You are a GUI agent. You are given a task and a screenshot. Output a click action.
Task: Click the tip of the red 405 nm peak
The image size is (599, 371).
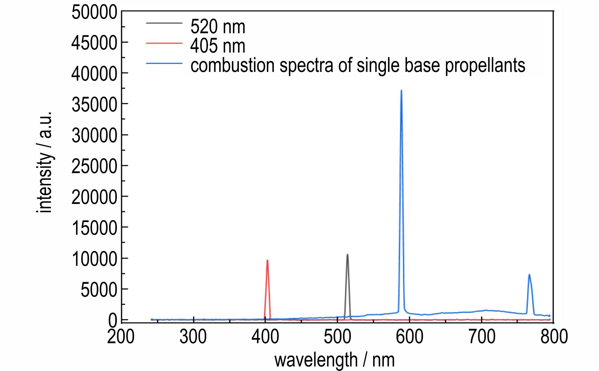tap(267, 260)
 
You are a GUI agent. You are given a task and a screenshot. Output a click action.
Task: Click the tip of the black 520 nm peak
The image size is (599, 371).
tap(348, 254)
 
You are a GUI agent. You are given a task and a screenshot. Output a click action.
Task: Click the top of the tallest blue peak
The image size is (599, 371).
tap(401, 90)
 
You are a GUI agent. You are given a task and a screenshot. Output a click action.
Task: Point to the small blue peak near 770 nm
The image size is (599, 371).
tap(529, 275)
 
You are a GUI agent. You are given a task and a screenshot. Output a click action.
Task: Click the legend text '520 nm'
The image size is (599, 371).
tap(218, 27)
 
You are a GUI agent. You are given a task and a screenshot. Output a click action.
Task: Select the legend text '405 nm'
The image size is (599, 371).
tap(218, 46)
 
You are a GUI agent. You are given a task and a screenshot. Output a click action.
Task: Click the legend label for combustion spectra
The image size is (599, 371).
tap(357, 65)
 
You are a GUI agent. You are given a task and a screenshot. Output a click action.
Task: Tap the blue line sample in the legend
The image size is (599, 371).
tap(164, 63)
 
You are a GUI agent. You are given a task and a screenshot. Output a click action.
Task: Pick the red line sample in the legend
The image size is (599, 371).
tap(164, 44)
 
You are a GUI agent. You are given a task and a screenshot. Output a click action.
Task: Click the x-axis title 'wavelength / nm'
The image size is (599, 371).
tap(334, 360)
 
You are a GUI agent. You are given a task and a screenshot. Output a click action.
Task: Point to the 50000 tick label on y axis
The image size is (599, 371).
tap(94, 13)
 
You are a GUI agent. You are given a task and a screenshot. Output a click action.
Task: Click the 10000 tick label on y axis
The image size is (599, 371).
tap(94, 259)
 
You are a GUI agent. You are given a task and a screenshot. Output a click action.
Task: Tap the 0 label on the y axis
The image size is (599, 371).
tap(113, 320)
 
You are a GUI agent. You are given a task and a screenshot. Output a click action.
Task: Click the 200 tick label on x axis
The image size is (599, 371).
tap(121, 336)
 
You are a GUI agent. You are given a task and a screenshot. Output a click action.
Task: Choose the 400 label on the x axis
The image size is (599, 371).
tap(265, 336)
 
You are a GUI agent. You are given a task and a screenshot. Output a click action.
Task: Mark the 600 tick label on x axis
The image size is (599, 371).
tap(409, 336)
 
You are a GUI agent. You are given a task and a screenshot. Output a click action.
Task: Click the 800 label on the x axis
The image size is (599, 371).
tap(554, 336)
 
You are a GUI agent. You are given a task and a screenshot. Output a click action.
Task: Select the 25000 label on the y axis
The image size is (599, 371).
tap(94, 166)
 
